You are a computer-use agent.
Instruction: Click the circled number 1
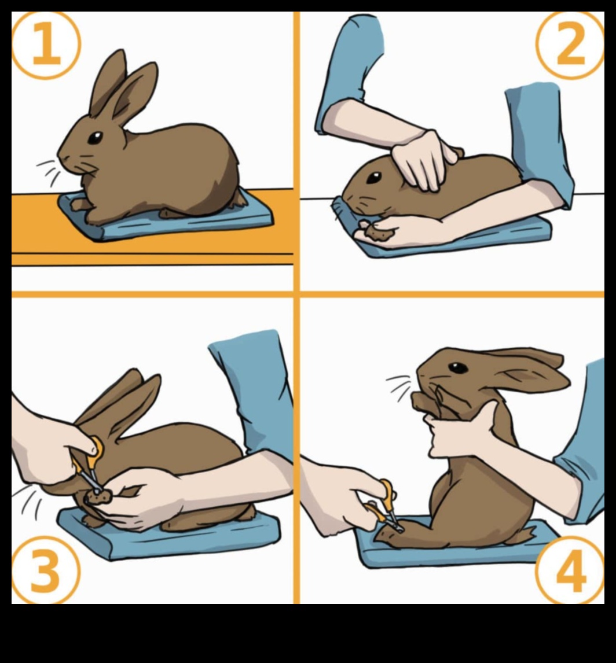pyautogui.click(x=46, y=45)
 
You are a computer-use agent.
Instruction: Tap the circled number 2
pyautogui.click(x=570, y=45)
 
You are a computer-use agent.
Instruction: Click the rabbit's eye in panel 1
pyautogui.click(x=95, y=138)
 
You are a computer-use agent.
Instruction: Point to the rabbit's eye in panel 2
pyautogui.click(x=373, y=178)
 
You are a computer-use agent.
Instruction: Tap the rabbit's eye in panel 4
pyautogui.click(x=458, y=368)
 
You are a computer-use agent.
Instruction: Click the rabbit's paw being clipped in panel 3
pyautogui.click(x=99, y=498)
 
